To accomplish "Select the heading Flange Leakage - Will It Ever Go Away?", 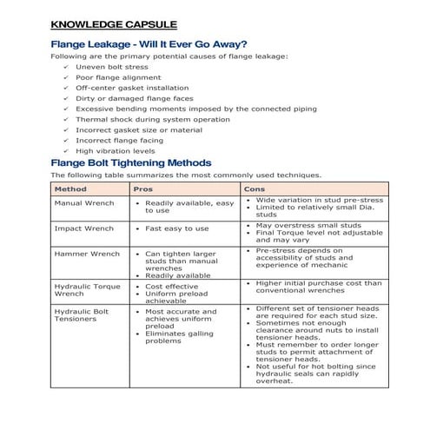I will pyautogui.click(x=149, y=44).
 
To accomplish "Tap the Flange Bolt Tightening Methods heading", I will pyautogui.click(x=130, y=162).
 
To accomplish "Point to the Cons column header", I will pyautogui.click(x=255, y=189).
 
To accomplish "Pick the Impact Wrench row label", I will pyautogui.click(x=83, y=228).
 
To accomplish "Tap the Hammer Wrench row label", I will pyautogui.click(x=87, y=254).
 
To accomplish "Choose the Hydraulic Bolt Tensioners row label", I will pyautogui.click(x=82, y=314).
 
